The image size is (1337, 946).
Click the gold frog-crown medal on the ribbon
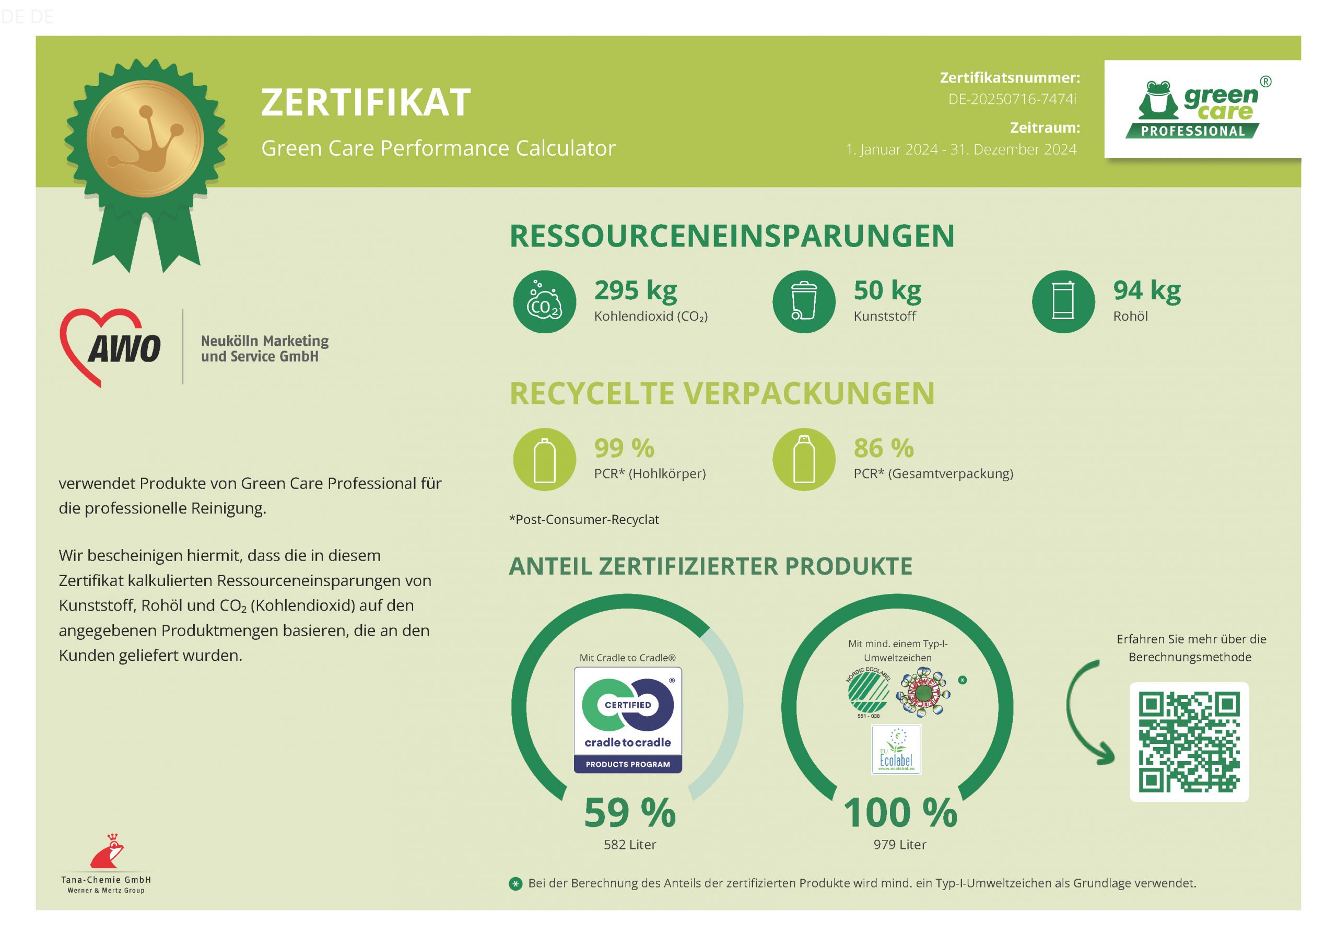[145, 138]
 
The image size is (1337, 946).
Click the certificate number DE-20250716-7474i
[1012, 99]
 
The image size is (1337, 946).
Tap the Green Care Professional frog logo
[1201, 109]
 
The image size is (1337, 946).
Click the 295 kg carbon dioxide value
[635, 290]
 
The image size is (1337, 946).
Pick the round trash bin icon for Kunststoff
[804, 302]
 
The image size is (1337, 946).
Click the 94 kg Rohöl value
[1146, 290]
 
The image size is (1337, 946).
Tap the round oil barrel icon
[1063, 302]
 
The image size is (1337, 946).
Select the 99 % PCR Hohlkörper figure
[624, 448]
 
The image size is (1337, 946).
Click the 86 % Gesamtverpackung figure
[883, 448]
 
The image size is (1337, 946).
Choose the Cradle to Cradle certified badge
[628, 720]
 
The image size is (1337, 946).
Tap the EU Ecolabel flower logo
[896, 750]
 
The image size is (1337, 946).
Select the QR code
[1189, 742]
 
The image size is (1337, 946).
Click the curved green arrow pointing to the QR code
[1087, 712]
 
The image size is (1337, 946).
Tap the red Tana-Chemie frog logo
[107, 851]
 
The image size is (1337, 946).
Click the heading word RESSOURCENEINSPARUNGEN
[731, 236]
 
